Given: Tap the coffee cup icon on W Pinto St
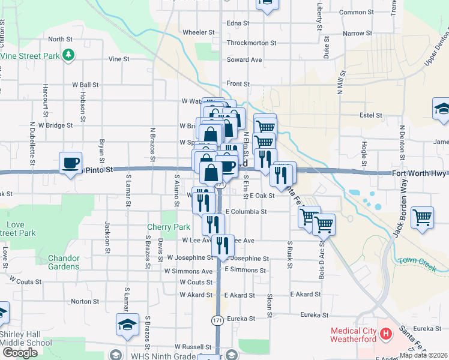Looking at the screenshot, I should (x=71, y=163).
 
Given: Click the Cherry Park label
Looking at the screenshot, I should (x=169, y=227).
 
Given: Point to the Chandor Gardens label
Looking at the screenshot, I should (x=64, y=262).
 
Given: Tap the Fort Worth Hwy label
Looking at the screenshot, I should (x=420, y=173).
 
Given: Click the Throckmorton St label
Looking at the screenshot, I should (x=252, y=43).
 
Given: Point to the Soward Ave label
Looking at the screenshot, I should (x=244, y=60).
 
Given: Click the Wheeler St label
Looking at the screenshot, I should (x=198, y=32).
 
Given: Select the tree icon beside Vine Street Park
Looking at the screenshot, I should (x=70, y=55).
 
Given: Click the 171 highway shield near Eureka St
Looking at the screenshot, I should (x=217, y=320).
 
